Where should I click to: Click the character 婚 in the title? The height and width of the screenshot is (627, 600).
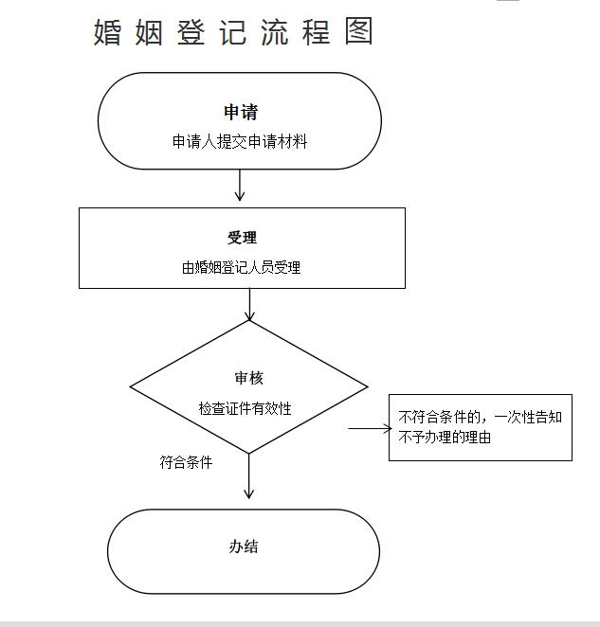[107, 32]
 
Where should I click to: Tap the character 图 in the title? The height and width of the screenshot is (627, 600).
[358, 31]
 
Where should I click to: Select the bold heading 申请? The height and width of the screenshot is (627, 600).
[241, 112]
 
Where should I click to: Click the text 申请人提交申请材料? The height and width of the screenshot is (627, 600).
[240, 141]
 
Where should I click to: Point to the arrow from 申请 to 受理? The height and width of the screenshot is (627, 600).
[240, 185]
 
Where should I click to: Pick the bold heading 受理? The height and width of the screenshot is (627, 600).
[242, 238]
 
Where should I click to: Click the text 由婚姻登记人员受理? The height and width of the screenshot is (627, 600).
[241, 267]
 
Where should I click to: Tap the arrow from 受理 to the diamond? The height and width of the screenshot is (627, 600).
[249, 304]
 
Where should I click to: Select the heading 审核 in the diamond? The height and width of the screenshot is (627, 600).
[248, 378]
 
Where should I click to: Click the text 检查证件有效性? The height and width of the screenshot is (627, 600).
[245, 408]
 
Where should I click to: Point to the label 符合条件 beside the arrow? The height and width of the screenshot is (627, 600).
[186, 462]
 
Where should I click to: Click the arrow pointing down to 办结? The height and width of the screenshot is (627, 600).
[249, 475]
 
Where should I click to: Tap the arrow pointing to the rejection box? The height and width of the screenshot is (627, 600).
[370, 428]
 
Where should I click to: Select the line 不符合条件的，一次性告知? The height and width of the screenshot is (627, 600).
[481, 418]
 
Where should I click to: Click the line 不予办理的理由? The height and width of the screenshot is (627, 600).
[445, 437]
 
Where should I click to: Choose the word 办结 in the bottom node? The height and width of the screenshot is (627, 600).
[244, 546]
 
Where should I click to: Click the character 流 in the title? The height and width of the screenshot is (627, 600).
[275, 32]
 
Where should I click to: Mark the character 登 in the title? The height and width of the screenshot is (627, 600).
[191, 32]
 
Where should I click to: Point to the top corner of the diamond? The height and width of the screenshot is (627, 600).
[249, 321]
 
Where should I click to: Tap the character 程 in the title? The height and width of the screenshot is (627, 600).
[317, 32]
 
